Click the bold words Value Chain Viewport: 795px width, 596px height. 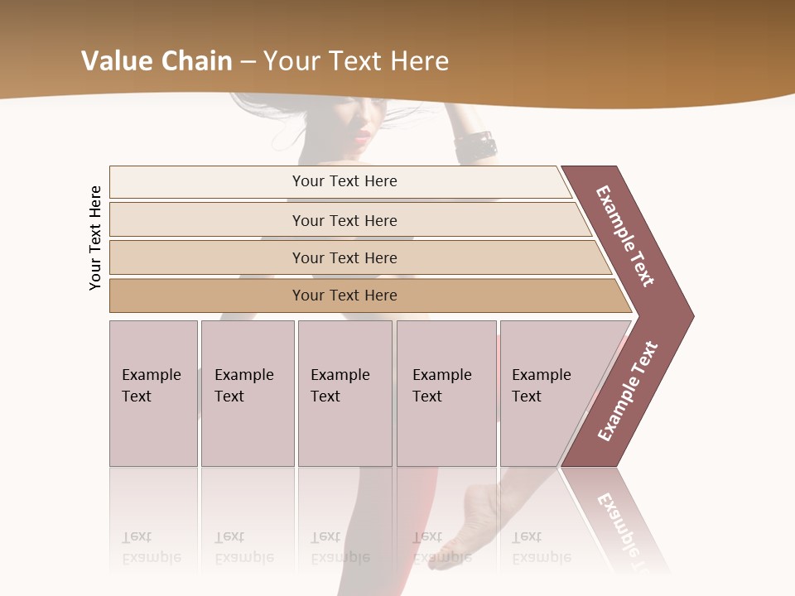[157, 60]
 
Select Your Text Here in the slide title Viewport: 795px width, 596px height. [356, 60]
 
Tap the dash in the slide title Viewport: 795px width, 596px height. [248, 61]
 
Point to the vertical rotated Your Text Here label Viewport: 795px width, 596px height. [96, 238]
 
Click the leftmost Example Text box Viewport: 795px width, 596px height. [153, 393]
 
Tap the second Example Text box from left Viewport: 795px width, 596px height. [248, 393]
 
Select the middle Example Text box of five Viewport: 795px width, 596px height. [344, 393]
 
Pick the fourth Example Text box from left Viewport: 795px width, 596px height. [446, 393]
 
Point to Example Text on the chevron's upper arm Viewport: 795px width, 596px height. [626, 236]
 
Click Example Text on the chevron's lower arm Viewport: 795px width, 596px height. [628, 391]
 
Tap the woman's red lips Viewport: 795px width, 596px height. [362, 135]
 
